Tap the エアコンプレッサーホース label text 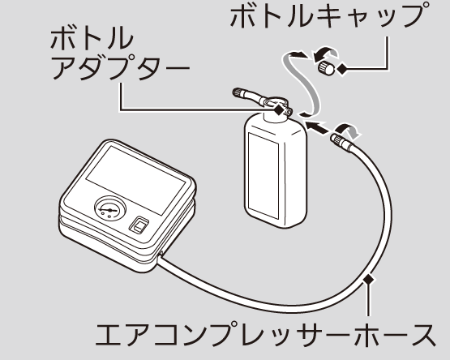pos(265,334)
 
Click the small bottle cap pos(326,68)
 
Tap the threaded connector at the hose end pos(339,139)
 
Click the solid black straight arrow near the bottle pos(317,127)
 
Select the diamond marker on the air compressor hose pos(369,279)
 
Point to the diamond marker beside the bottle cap pos(342,69)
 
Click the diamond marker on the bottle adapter pos(278,109)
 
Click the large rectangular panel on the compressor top pos(135,180)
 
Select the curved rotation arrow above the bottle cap pos(325,52)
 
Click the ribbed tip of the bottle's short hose pos(238,92)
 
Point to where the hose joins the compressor pos(161,255)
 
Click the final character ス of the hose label pos(422,334)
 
